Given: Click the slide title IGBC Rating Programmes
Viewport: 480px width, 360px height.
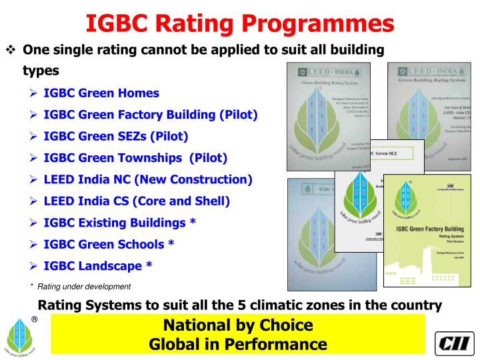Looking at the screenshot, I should [x=240, y=24].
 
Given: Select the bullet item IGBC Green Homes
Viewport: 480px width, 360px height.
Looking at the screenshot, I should [x=101, y=93].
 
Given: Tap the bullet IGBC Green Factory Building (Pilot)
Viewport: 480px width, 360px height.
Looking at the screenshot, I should [x=150, y=115].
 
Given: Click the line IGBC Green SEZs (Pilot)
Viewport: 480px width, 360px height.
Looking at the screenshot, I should [x=115, y=137].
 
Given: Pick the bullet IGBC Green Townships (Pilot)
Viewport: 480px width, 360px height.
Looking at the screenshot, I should [x=135, y=158].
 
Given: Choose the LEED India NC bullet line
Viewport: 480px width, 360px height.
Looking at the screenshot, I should [x=147, y=179].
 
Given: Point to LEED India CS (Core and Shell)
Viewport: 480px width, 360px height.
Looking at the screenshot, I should [x=136, y=201].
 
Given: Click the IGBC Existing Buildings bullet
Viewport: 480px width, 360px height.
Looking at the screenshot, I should [x=119, y=222].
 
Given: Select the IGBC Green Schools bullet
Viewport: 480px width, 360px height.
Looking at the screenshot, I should [x=109, y=244].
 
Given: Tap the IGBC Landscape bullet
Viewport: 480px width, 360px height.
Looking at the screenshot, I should [x=97, y=265].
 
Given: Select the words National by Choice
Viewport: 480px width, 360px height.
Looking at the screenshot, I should [x=238, y=326].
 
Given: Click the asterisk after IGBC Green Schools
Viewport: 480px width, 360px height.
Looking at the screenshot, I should [x=171, y=244].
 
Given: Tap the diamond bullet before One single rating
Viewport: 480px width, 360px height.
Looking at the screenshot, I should [x=10, y=51].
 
